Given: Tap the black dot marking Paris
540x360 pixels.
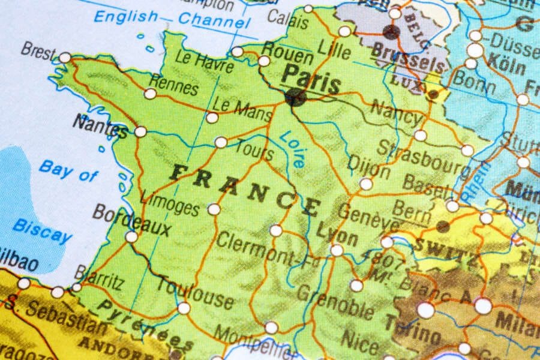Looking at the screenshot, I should [x=295, y=97].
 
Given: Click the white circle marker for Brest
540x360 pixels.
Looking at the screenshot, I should [x=65, y=58].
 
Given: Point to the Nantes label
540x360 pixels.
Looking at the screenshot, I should [x=100, y=125].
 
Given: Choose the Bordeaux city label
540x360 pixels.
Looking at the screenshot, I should [x=132, y=220].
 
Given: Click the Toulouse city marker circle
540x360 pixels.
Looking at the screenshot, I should [x=184, y=308].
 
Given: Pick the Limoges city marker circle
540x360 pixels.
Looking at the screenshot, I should [x=214, y=209].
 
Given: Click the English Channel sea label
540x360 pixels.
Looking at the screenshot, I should [x=171, y=18].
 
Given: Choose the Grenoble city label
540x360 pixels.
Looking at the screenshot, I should [x=336, y=301].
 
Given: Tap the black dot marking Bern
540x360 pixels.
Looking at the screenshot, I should [x=443, y=226].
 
